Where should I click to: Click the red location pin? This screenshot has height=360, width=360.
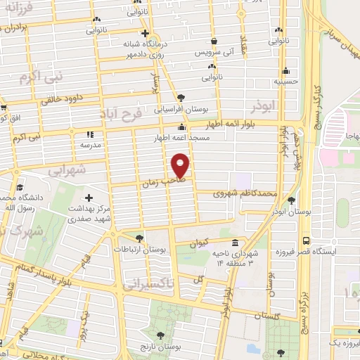tap(181, 165)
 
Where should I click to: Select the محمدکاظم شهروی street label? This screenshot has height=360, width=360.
tap(245, 192)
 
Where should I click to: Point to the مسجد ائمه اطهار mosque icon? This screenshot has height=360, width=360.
tap(182, 127)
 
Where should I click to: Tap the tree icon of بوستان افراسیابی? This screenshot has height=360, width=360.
tap(181, 97)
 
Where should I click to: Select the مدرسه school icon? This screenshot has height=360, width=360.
tap(89, 134)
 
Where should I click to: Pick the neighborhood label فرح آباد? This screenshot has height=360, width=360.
tap(127, 113)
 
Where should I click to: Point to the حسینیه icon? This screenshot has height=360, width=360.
tap(286, 70)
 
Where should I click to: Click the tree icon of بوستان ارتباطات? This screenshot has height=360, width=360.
tap(139, 239)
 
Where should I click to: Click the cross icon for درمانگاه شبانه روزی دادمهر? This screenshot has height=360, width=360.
tap(144, 33)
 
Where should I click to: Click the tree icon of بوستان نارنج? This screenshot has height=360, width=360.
tap(160, 335)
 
